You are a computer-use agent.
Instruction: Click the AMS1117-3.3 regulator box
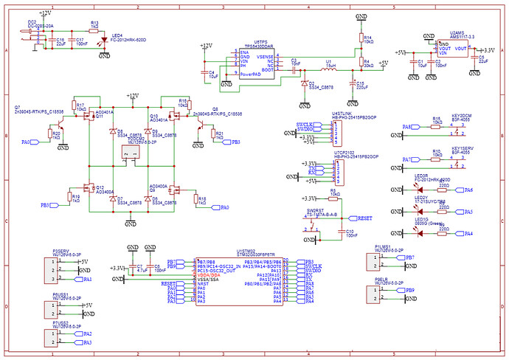click(451, 49)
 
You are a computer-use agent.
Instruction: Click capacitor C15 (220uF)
click(351, 83)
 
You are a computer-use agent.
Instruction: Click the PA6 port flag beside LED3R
click(468, 190)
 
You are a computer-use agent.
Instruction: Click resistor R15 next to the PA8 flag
click(437, 126)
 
